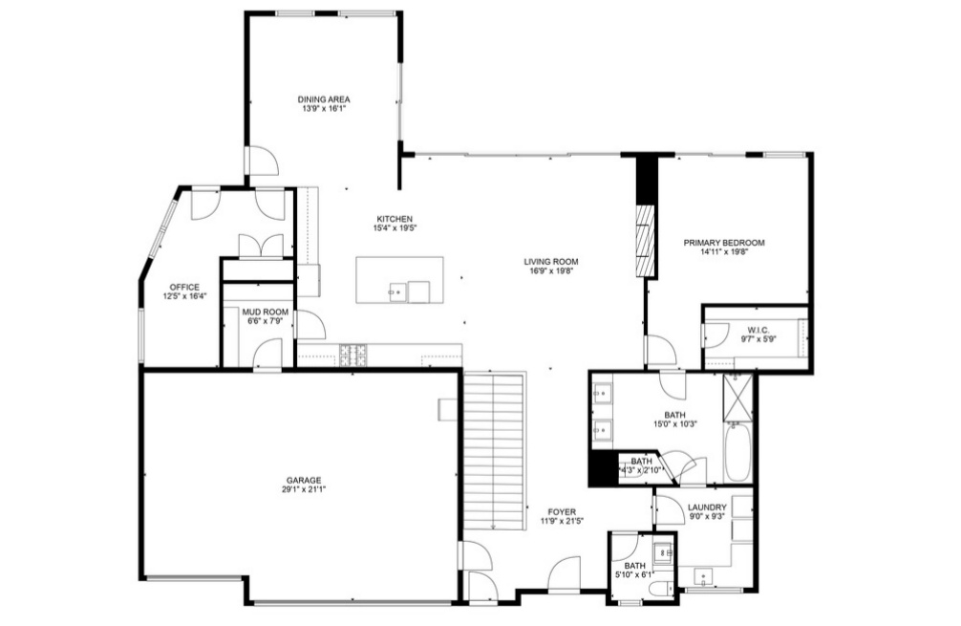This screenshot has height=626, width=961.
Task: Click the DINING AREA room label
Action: point(324,99)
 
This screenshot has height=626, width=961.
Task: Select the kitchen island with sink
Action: point(401,279)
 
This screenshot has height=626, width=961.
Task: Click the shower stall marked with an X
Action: point(737,399)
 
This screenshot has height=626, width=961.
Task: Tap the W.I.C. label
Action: point(760,332)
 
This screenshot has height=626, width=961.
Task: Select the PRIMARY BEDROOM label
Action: point(724,243)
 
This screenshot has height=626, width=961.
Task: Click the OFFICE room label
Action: point(184,287)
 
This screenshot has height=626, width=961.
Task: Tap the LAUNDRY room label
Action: point(707,507)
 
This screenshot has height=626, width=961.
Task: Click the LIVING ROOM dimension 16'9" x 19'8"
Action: point(550,271)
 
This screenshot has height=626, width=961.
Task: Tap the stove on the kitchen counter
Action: point(355,354)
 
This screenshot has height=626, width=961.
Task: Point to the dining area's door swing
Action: point(263,162)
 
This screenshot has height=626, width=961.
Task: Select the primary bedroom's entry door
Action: point(660,351)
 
